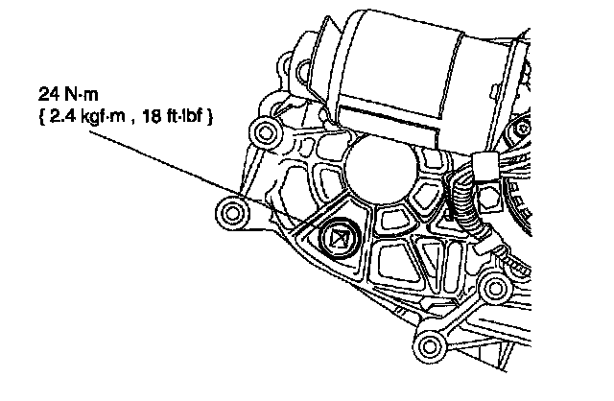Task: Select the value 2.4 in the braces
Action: (x=62, y=116)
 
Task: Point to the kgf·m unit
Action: (x=102, y=117)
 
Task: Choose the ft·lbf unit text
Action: (x=184, y=116)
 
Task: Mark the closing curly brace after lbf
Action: (x=209, y=117)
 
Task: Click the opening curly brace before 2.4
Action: (x=42, y=117)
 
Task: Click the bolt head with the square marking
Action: (x=338, y=239)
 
